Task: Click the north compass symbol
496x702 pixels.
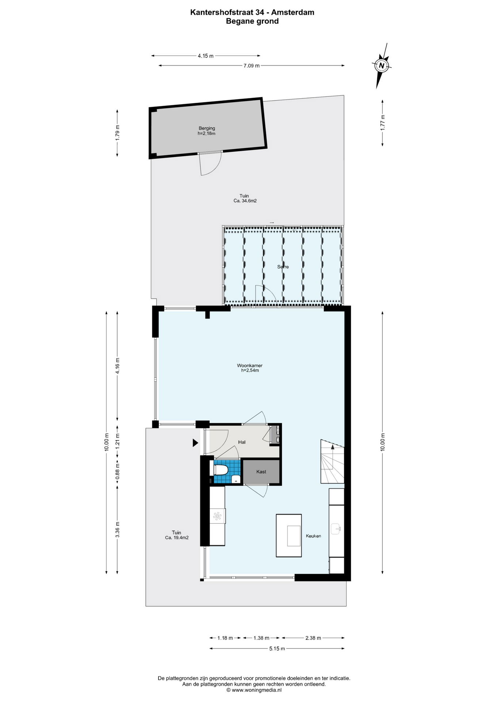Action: pyautogui.click(x=382, y=66)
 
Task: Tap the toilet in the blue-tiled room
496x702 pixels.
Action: pyautogui.click(x=220, y=470)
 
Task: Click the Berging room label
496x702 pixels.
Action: pyautogui.click(x=207, y=128)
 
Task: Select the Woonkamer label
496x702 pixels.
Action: pyautogui.click(x=250, y=365)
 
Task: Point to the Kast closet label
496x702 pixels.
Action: pyautogui.click(x=261, y=472)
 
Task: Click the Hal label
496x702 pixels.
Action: pyautogui.click(x=242, y=442)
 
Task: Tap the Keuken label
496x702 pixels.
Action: pyautogui.click(x=313, y=536)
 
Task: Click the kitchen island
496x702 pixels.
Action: pyautogui.click(x=289, y=535)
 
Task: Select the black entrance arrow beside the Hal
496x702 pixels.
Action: pyautogui.click(x=195, y=443)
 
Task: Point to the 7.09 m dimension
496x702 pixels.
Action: pyautogui.click(x=251, y=66)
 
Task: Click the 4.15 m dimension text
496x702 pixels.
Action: pyautogui.click(x=206, y=56)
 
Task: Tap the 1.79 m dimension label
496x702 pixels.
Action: pyautogui.click(x=117, y=133)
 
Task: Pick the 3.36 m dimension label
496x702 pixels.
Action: pyautogui.click(x=117, y=529)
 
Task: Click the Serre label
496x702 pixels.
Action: pyautogui.click(x=283, y=267)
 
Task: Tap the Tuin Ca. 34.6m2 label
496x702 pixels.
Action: pyautogui.click(x=245, y=198)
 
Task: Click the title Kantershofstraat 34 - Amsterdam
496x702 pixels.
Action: pyautogui.click(x=252, y=12)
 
